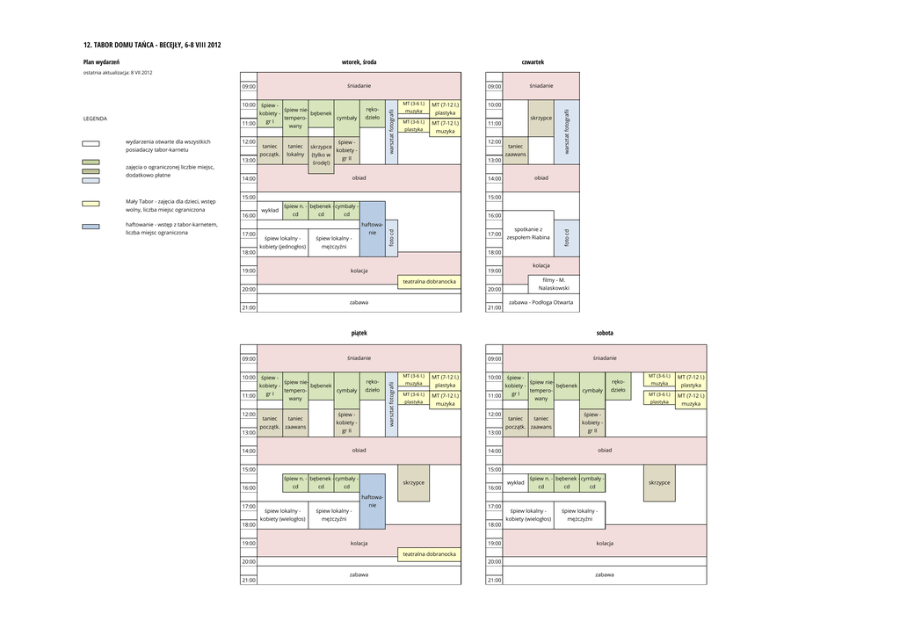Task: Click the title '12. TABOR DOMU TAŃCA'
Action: pos(152,45)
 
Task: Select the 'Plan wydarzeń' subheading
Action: pos(101,62)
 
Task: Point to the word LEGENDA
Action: pos(95,118)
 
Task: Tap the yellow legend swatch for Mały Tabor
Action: pos(91,204)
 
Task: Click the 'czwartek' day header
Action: pos(533,62)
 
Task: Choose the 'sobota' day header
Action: pos(604,334)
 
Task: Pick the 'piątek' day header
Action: pos(359,334)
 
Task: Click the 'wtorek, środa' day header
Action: pos(359,62)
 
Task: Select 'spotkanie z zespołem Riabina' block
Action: pos(528,233)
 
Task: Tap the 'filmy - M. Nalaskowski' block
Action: pos(554,284)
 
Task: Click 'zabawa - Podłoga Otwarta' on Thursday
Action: pos(541,302)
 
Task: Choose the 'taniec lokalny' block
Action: pos(295,150)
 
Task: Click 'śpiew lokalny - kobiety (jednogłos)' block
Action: pos(283,242)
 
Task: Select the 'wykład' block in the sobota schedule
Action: pos(516,482)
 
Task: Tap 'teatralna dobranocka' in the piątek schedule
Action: pos(429,554)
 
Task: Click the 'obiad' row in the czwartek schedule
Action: pos(541,177)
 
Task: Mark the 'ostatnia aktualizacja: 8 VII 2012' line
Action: pos(118,73)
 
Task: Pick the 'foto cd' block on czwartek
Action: pos(567,237)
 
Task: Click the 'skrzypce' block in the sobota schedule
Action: pos(659,482)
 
